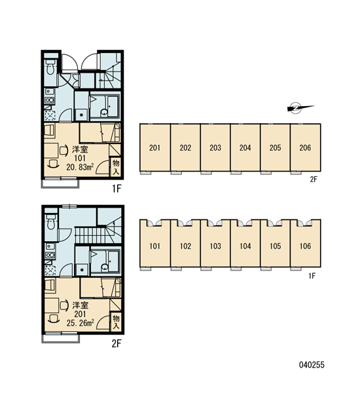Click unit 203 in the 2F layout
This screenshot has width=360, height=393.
click(215, 147)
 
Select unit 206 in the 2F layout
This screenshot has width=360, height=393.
click(305, 147)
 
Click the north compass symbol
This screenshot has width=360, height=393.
click(300, 108)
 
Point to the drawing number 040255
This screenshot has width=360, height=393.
click(312, 365)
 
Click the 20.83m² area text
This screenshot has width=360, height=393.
click(80, 167)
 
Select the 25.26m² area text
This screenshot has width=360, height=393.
click(80, 323)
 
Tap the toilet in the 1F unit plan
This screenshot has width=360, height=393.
click(51, 67)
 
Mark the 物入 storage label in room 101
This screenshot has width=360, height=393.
click(116, 167)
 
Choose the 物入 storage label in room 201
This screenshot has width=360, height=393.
click(116, 322)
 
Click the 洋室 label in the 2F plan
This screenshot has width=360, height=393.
click(80, 305)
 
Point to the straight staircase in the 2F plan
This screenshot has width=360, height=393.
click(90, 235)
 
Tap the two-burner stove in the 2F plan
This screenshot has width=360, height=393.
click(50, 255)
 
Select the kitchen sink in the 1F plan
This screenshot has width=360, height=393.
click(49, 92)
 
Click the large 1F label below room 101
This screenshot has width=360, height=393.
click(117, 189)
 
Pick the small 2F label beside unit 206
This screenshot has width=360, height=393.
click(314, 179)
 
